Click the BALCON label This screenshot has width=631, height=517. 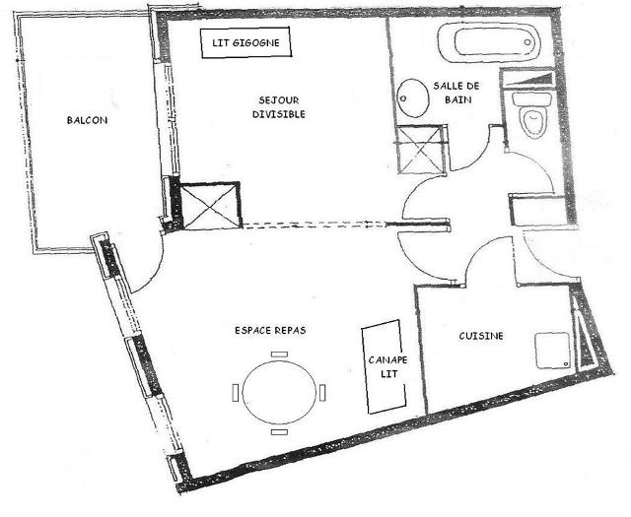tap(87, 120)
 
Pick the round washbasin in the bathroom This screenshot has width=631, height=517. tap(413, 97)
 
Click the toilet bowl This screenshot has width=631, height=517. tap(533, 121)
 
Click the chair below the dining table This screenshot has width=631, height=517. tap(278, 432)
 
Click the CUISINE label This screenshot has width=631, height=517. tap(481, 337)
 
